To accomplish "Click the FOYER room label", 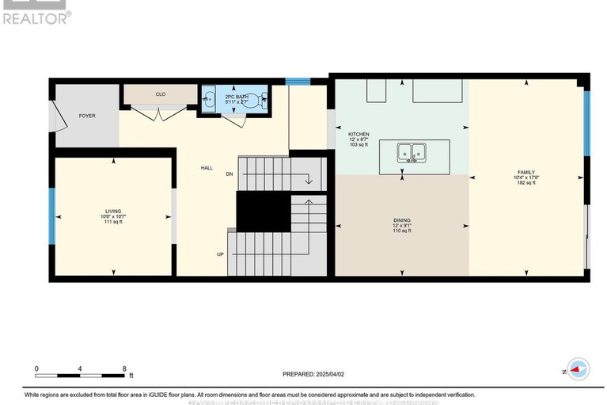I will [87, 116].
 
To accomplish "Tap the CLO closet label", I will [160, 94].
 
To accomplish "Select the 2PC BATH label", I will [236, 95].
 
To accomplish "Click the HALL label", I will [207, 167].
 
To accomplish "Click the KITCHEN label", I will [359, 135].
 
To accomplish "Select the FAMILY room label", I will [526, 172].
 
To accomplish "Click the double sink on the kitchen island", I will [409, 151].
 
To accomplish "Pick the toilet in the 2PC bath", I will [262, 100].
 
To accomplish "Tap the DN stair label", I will [230, 174].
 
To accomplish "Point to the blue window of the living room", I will [51, 216].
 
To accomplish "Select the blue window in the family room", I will [586, 124].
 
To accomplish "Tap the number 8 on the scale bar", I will [124, 369].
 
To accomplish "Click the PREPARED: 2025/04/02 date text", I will [314, 374].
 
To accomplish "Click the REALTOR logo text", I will [36, 17].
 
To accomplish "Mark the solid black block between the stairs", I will [264, 212].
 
